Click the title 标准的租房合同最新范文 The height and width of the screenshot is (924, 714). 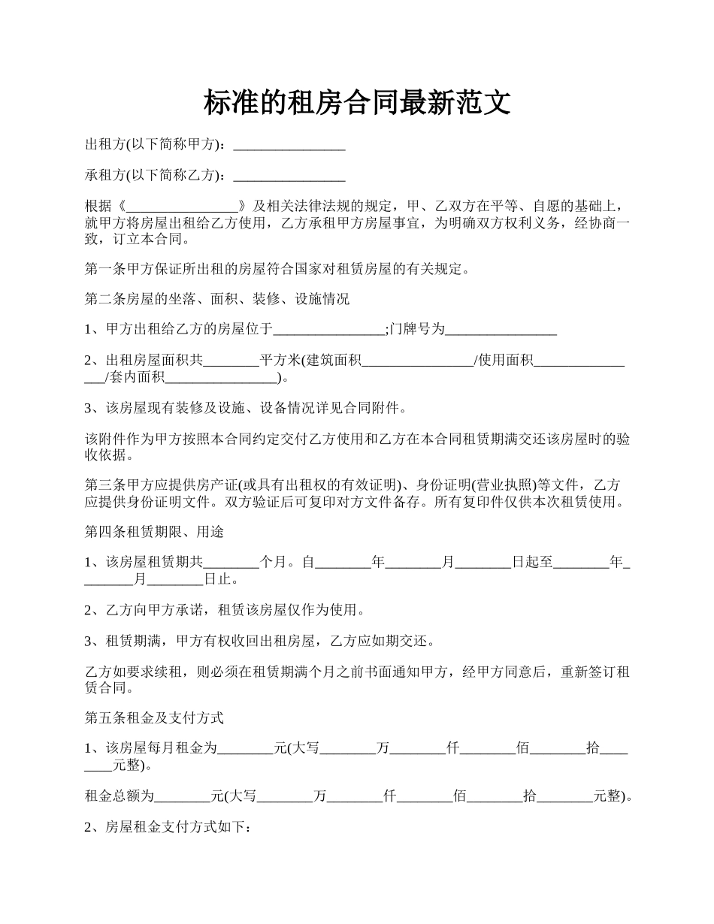[x=357, y=103]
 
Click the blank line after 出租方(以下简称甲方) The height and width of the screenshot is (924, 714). [x=289, y=144]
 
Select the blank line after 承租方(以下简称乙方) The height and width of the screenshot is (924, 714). [x=289, y=176]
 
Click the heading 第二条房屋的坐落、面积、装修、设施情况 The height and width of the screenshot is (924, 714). [x=217, y=298]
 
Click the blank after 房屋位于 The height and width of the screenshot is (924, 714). [x=329, y=330]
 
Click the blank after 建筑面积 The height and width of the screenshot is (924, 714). [x=418, y=361]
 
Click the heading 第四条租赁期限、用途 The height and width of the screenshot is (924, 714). [x=154, y=532]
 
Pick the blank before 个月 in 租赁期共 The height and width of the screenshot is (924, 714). [x=231, y=563]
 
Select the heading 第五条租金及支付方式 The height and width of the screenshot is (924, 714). [x=154, y=717]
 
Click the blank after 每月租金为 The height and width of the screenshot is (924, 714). [x=245, y=748]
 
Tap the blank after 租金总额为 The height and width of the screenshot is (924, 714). [x=182, y=796]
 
